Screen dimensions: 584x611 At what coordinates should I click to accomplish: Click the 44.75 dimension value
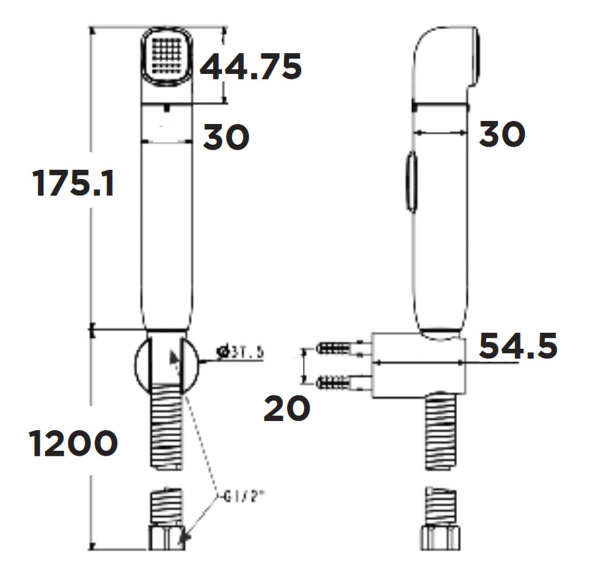pyautogui.click(x=251, y=67)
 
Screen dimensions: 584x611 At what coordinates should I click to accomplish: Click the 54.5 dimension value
pyautogui.click(x=518, y=346)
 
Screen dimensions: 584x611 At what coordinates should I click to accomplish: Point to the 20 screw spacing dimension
pyautogui.click(x=287, y=408)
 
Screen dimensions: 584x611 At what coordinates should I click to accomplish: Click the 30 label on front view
pyautogui.click(x=226, y=137)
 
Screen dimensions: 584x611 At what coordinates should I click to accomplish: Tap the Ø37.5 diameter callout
pyautogui.click(x=241, y=352)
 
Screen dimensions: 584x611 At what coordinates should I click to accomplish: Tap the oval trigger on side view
pyautogui.click(x=411, y=183)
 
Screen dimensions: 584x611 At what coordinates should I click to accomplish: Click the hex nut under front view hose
pyautogui.click(x=166, y=537)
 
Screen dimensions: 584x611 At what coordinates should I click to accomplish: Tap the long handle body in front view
pyautogui.click(x=167, y=232)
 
